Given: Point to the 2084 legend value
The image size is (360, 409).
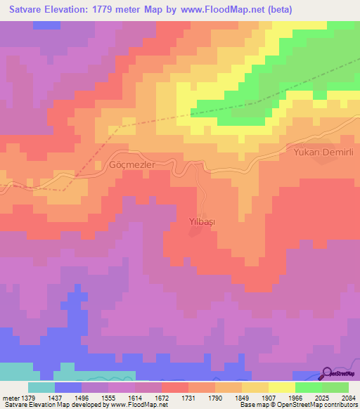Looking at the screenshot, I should [x=347, y=397].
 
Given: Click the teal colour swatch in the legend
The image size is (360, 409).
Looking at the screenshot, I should [x=41, y=387].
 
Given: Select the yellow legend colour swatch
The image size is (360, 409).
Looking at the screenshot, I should [x=282, y=387].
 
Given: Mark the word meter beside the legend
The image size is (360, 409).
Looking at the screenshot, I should [x=10, y=397].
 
